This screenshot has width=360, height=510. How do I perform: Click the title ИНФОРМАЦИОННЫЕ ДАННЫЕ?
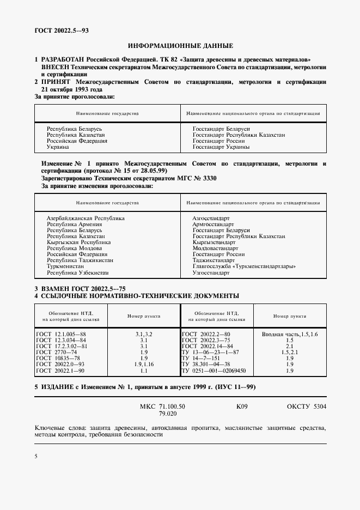180,46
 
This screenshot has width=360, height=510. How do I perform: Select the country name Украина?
58,147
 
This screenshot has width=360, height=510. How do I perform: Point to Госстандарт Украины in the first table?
221,147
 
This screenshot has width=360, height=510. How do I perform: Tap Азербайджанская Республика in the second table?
86,218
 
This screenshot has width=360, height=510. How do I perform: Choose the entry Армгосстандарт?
211,224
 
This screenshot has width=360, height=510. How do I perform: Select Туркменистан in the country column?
65,266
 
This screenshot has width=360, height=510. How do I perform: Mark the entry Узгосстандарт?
211,272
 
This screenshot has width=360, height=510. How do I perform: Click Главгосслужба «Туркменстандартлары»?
245,266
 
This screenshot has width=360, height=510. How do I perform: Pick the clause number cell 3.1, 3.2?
144,333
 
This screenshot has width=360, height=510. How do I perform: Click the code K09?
242,406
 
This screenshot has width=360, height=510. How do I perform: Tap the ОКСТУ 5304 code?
307,406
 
